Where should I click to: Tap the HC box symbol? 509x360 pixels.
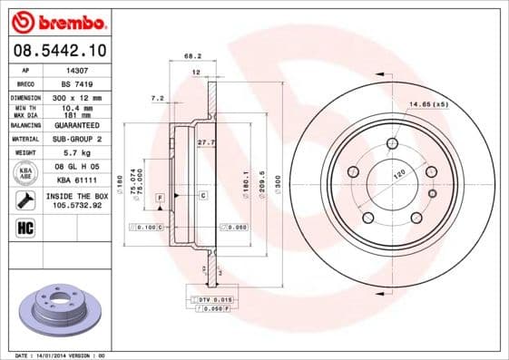click(x=24, y=226)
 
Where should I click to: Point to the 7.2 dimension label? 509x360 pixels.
click(x=157, y=97)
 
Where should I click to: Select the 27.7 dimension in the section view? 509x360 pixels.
click(x=206, y=142)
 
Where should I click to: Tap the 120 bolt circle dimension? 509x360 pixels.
click(x=397, y=172)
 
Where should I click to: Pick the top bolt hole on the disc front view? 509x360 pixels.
click(x=392, y=142)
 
